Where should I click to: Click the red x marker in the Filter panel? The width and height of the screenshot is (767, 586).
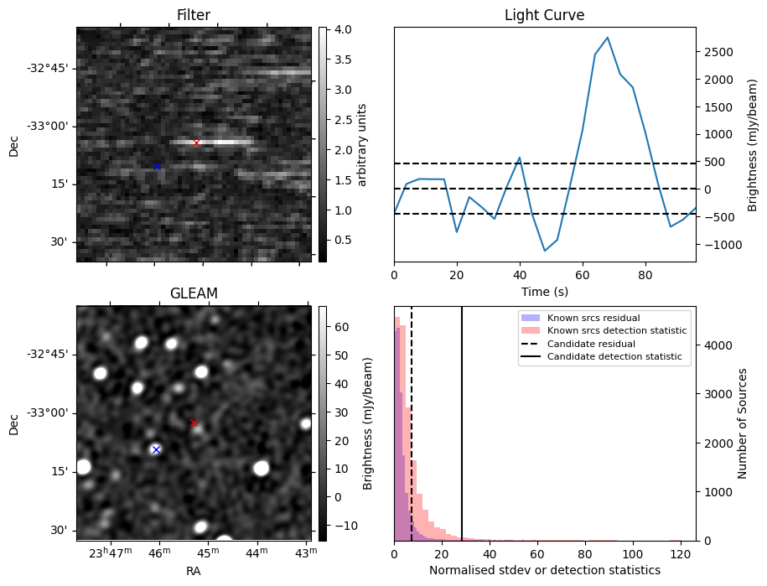(x=196, y=143)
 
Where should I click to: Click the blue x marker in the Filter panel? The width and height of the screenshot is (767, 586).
(x=157, y=166)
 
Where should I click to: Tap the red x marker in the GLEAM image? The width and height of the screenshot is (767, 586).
(x=194, y=423)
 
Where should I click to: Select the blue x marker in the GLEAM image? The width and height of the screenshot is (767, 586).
(x=155, y=449)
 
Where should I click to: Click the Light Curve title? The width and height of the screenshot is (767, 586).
(x=544, y=16)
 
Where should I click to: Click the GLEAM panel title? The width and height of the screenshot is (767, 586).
(x=194, y=293)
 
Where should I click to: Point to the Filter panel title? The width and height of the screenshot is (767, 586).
(x=194, y=16)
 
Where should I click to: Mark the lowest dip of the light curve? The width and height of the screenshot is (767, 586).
(x=545, y=251)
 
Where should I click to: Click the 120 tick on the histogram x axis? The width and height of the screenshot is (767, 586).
(x=682, y=554)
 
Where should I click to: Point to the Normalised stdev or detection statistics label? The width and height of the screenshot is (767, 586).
(x=544, y=571)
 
